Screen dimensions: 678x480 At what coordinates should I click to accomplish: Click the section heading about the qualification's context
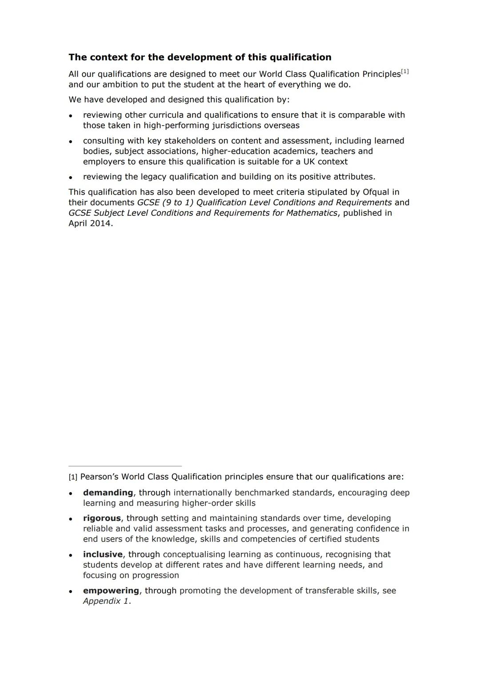click(x=200, y=57)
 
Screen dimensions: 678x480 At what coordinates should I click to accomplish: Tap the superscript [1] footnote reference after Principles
click(x=404, y=71)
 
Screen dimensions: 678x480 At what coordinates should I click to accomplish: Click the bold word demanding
click(x=108, y=492)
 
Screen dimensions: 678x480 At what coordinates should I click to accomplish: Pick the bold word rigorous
click(x=102, y=518)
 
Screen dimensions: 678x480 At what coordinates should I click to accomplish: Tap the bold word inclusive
click(x=103, y=554)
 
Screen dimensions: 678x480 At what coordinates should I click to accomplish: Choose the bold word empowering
click(x=111, y=591)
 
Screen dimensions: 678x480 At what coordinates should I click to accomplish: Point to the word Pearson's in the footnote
click(x=99, y=477)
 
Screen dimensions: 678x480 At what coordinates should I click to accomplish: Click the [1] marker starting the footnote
click(x=73, y=477)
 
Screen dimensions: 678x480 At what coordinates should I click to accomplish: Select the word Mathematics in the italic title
click(x=311, y=213)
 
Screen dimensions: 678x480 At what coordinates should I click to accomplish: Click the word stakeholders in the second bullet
click(x=190, y=141)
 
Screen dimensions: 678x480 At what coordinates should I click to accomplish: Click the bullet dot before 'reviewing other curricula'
click(x=71, y=116)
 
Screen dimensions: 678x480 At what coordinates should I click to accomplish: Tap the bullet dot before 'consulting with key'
click(x=71, y=142)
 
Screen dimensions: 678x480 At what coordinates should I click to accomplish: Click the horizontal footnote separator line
click(x=125, y=466)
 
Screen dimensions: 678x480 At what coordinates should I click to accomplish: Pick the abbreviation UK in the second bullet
click(x=309, y=162)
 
